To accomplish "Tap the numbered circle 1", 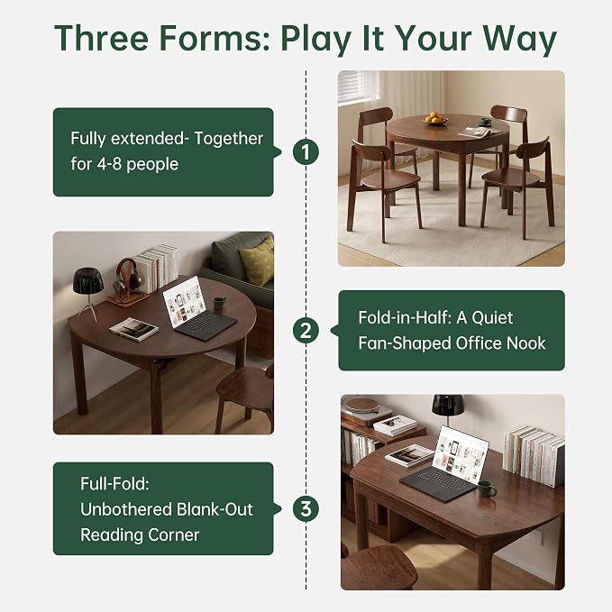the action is [x=306, y=151].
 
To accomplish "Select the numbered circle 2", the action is [x=306, y=330].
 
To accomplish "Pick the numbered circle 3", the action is [x=306, y=508].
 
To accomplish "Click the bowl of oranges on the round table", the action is [x=435, y=119].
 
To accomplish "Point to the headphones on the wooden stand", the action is [x=126, y=276].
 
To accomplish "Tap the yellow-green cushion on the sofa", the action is [x=258, y=260].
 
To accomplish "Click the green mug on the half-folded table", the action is [x=219, y=304].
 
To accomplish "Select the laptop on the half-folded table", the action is [x=197, y=307].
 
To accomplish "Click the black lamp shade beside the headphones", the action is [x=87, y=279].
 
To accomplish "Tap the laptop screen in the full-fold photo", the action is [x=461, y=455].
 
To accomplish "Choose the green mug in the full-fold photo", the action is [x=487, y=489].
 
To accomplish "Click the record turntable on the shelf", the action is [x=363, y=407].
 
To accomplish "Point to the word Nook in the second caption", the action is [x=525, y=343].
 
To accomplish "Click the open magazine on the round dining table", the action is [x=480, y=132].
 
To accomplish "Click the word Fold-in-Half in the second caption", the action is [x=405, y=317].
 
